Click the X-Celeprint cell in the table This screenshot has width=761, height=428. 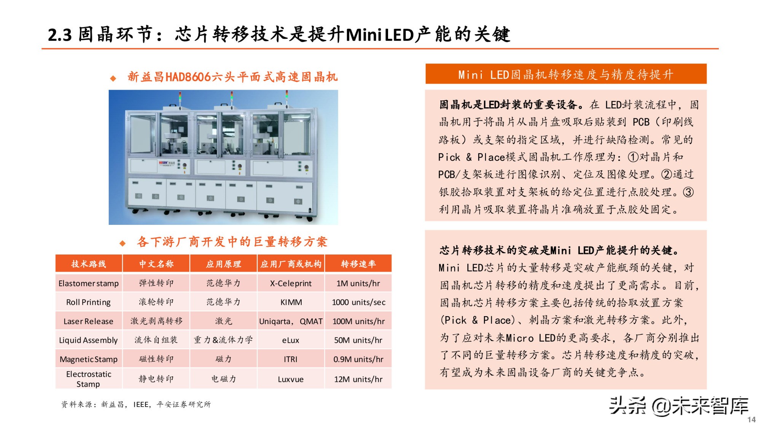(291, 283)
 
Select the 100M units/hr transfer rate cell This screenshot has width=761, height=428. (358, 321)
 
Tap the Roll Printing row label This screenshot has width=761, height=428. (88, 302)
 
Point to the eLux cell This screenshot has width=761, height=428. (291, 340)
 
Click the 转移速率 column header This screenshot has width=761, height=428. (358, 264)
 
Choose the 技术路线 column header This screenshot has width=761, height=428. (89, 264)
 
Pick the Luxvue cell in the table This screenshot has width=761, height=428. (291, 379)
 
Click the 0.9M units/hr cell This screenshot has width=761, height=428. (358, 360)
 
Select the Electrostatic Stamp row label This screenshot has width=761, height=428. (88, 379)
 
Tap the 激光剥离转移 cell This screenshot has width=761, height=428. (156, 321)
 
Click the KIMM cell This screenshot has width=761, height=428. (291, 302)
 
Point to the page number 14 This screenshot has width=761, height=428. (751, 420)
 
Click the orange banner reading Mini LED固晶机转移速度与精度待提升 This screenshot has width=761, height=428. (566, 74)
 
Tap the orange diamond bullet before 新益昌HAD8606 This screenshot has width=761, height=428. (113, 78)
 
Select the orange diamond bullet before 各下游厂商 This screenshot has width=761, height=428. (123, 243)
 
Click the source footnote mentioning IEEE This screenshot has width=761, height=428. (136, 404)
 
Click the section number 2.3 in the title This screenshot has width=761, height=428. (60, 35)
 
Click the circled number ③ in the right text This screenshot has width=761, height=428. (688, 192)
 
